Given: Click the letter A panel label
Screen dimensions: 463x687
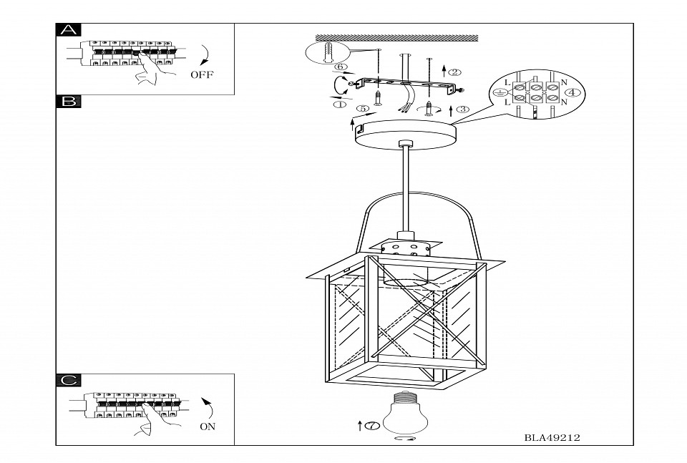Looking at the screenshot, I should pos(69,30).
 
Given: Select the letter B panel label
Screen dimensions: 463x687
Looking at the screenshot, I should pos(69,102).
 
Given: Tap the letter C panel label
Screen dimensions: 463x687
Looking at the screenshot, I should pos(69,380).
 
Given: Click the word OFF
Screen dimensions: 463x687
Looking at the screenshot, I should pos(202,74).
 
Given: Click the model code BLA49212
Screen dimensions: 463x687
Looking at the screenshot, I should pos(551,437).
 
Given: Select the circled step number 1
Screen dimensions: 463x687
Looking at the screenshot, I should pos(340,104).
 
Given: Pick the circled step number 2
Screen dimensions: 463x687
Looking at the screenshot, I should pos(455,72).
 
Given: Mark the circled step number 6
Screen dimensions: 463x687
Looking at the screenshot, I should pos(341,67).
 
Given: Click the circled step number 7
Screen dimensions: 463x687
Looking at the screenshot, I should pos(371,427).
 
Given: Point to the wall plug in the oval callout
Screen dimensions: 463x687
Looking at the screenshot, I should pos(326,53).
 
